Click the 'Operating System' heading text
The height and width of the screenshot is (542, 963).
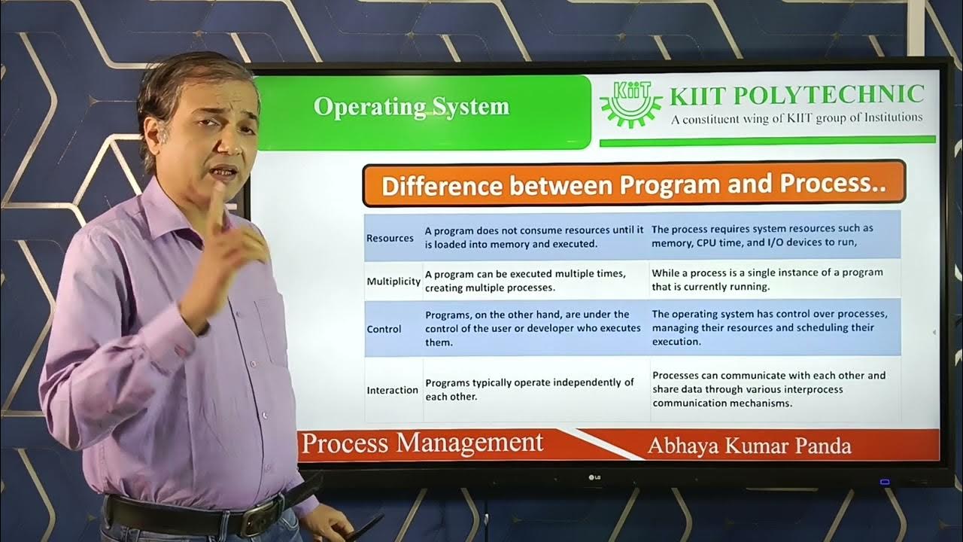(411, 107)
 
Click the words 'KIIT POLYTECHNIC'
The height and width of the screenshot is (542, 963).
(797, 95)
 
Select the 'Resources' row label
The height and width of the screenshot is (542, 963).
(390, 238)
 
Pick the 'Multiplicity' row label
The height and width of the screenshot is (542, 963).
(393, 281)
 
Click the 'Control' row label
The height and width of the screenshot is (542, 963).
(384, 329)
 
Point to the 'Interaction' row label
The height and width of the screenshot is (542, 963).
(392, 390)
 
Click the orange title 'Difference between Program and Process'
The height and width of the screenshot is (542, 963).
(633, 185)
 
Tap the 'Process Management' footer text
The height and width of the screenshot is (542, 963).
(421, 443)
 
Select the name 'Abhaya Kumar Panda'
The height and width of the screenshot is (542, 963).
(749, 446)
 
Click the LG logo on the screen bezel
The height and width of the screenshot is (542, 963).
(594, 476)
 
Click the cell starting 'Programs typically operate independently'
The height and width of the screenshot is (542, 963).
(530, 389)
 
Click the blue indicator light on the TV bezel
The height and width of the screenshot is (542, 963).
(885, 482)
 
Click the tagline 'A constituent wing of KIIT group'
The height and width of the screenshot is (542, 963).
(797, 117)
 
